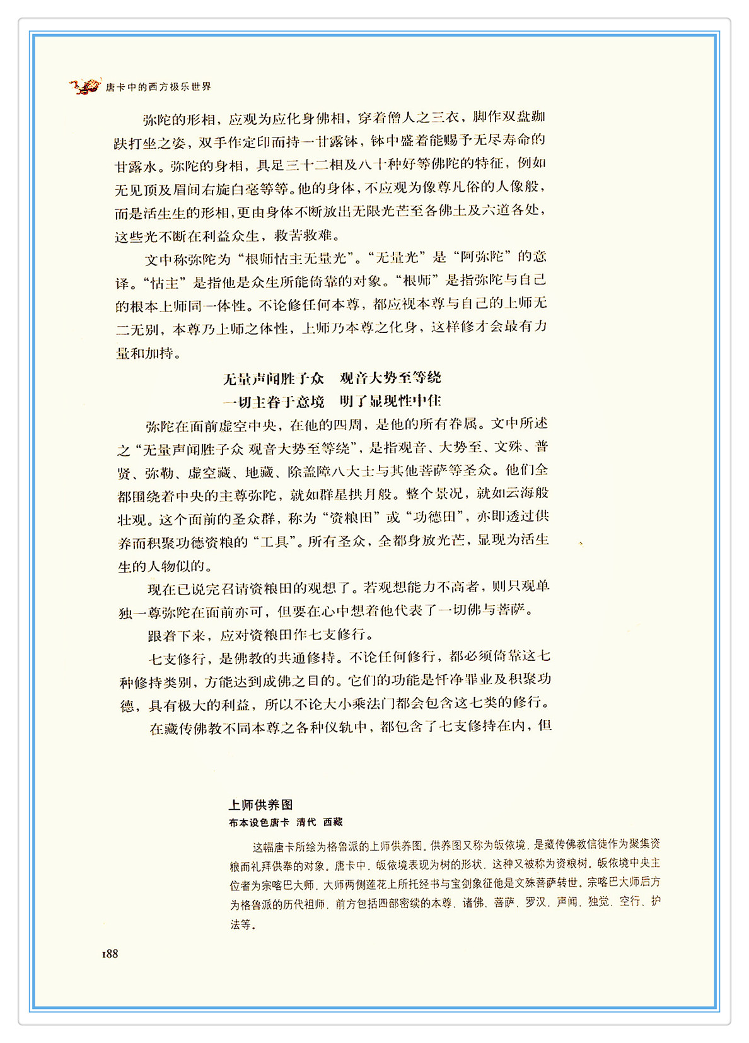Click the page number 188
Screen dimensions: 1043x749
pyautogui.click(x=110, y=954)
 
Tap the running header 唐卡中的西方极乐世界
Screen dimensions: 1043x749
pyautogui.click(x=158, y=87)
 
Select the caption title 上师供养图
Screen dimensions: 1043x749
pyautogui.click(x=260, y=805)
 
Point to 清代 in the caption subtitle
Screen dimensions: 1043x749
pyautogui.click(x=306, y=822)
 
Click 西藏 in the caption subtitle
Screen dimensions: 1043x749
pyautogui.click(x=333, y=822)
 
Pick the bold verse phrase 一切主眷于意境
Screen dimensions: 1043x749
pyautogui.click(x=273, y=402)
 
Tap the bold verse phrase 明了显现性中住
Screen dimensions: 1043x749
pyautogui.click(x=390, y=401)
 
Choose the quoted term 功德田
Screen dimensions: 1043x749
pyautogui.click(x=439, y=518)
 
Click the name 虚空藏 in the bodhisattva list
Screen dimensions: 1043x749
pyautogui.click(x=209, y=472)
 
